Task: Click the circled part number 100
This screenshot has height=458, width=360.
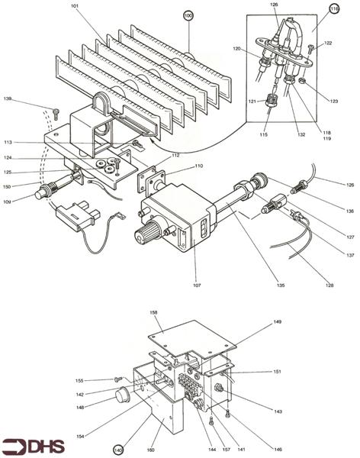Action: tap(188, 15)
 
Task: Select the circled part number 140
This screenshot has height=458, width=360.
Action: tap(118, 449)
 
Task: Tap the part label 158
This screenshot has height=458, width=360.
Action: tap(153, 312)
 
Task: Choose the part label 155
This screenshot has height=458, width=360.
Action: tap(101, 380)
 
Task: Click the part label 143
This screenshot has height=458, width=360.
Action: tap(278, 411)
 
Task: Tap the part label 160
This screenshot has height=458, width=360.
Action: tap(150, 450)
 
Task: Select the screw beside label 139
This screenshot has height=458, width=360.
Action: tap(56, 112)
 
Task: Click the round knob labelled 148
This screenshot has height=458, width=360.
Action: tap(120, 395)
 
